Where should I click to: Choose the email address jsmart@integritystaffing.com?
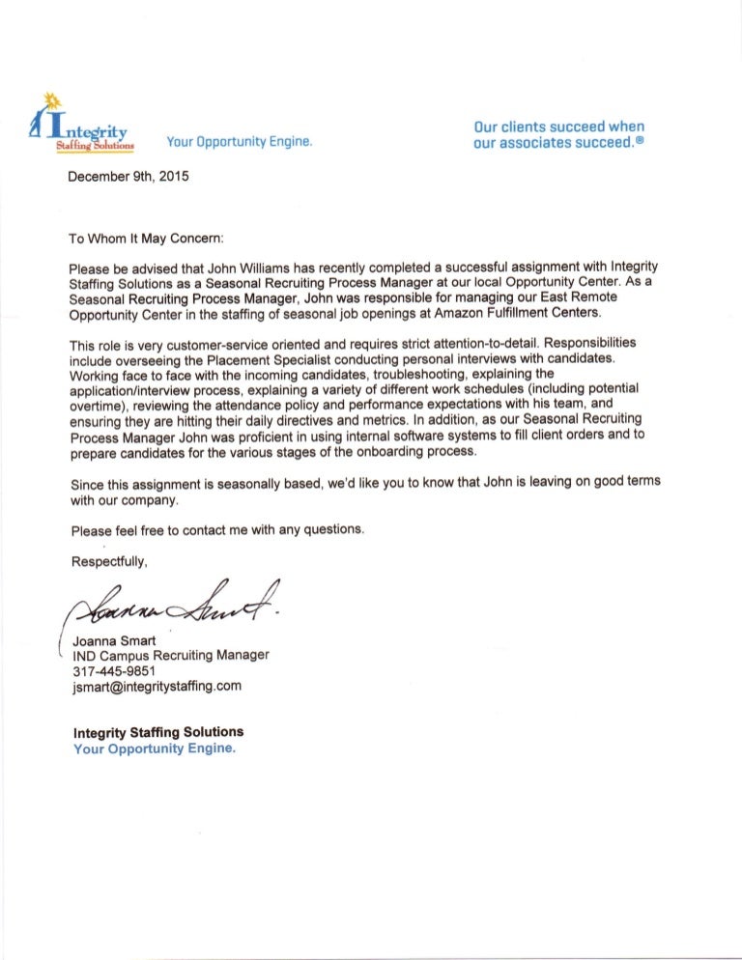pyautogui.click(x=157, y=687)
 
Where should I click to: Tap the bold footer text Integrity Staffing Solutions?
pyautogui.click(x=158, y=732)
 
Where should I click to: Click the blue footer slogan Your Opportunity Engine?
pyautogui.click(x=155, y=748)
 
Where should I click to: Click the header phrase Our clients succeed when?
pyautogui.click(x=559, y=127)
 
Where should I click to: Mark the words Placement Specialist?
pyautogui.click(x=295, y=360)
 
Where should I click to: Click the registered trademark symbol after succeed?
pyautogui.click(x=640, y=141)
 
